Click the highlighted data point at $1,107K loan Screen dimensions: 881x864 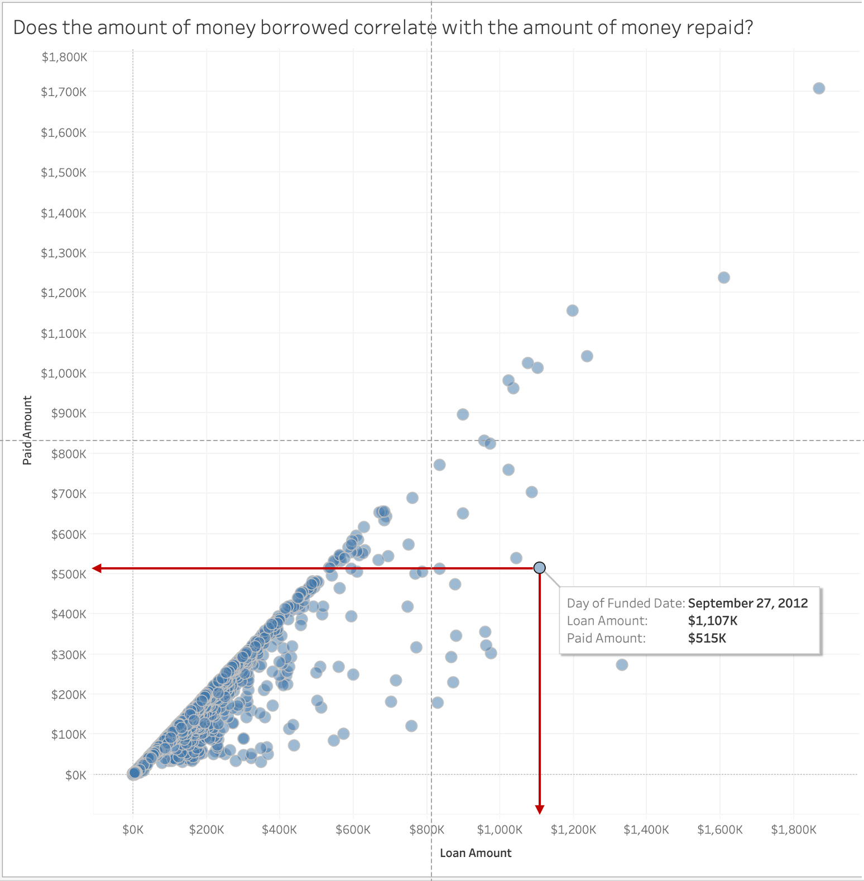539,568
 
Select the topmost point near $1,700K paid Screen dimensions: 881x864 819,88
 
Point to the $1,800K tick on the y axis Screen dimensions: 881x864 64,57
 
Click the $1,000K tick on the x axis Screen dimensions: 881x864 500,830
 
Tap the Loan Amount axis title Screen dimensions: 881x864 476,853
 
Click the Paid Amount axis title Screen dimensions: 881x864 27,430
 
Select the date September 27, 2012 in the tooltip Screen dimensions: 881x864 748,603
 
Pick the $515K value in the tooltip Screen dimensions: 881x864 707,638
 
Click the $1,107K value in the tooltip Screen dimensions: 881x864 713,620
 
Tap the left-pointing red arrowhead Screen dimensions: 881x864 97,568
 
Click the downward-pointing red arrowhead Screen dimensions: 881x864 540,810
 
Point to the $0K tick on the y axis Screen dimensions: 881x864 76,775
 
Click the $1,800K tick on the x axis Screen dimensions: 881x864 794,830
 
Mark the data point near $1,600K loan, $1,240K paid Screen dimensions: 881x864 723,277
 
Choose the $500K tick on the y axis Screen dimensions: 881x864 69,574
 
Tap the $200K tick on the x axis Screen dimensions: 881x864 207,830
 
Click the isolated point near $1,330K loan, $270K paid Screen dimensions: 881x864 622,664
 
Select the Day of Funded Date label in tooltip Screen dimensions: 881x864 626,603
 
